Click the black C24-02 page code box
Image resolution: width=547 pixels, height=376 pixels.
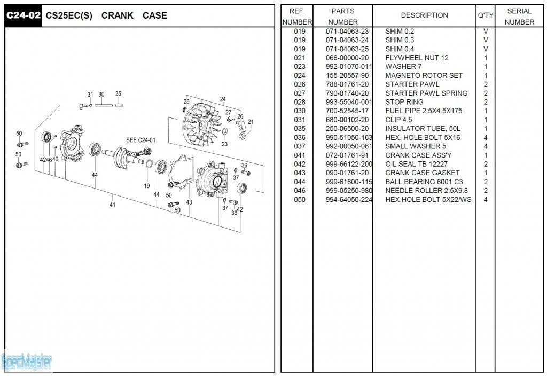(x=23, y=15)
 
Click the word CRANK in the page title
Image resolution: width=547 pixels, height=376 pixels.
(x=118, y=15)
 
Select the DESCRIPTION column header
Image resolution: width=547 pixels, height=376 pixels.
(x=425, y=15)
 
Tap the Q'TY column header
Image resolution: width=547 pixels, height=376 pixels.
(x=486, y=15)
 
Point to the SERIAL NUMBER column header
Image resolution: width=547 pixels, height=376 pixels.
(x=519, y=16)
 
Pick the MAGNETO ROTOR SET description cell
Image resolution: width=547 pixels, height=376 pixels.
(x=424, y=75)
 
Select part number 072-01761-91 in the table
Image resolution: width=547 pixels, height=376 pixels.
(x=347, y=155)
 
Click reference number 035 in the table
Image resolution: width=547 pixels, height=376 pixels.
(x=300, y=129)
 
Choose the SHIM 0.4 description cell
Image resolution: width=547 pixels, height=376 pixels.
(x=400, y=49)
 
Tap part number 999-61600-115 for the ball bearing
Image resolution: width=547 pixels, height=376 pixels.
(x=349, y=182)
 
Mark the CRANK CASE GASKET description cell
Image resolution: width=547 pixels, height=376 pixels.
(x=422, y=173)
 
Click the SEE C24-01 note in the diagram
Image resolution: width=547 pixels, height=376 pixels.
(x=140, y=140)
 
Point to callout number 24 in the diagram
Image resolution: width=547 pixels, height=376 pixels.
(x=223, y=99)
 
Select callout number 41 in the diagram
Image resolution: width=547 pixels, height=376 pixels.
(x=112, y=204)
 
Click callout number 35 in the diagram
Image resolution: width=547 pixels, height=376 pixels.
(x=118, y=94)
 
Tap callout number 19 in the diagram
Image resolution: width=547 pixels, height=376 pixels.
(x=146, y=186)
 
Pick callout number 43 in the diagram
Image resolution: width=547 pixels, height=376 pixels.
(x=189, y=202)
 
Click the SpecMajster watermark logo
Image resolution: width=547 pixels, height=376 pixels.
(x=27, y=362)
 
